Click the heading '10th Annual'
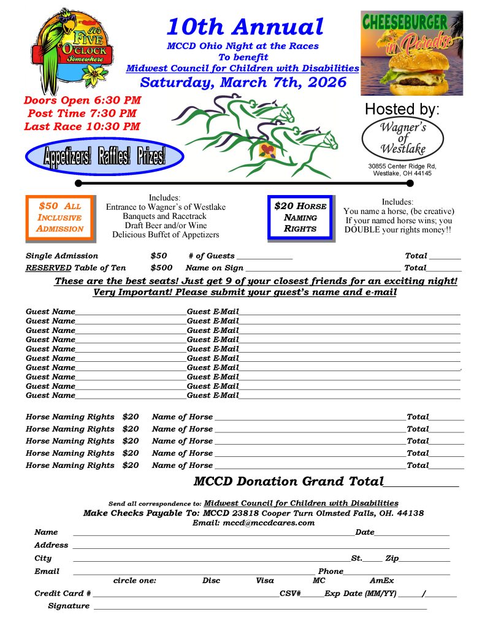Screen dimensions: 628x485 tap(245, 26)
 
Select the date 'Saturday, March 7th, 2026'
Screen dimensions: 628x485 tap(243, 82)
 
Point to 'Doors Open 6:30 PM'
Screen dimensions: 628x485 tap(82, 100)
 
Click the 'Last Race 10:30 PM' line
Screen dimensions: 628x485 tap(82, 127)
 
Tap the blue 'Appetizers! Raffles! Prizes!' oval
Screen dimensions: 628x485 tap(104, 157)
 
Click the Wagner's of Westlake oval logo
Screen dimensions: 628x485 tap(403, 138)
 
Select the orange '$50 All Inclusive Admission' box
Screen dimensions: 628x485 tap(59, 217)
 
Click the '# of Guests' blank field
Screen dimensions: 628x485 tap(264, 256)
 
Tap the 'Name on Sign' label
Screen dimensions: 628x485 tap(214, 268)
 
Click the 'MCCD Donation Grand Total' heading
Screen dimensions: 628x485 tap(288, 481)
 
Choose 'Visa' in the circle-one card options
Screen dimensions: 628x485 tap(265, 580)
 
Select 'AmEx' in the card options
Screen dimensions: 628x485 tap(381, 580)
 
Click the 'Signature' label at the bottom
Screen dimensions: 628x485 tap(69, 606)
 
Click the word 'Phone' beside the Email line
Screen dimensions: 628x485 tap(330, 571)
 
